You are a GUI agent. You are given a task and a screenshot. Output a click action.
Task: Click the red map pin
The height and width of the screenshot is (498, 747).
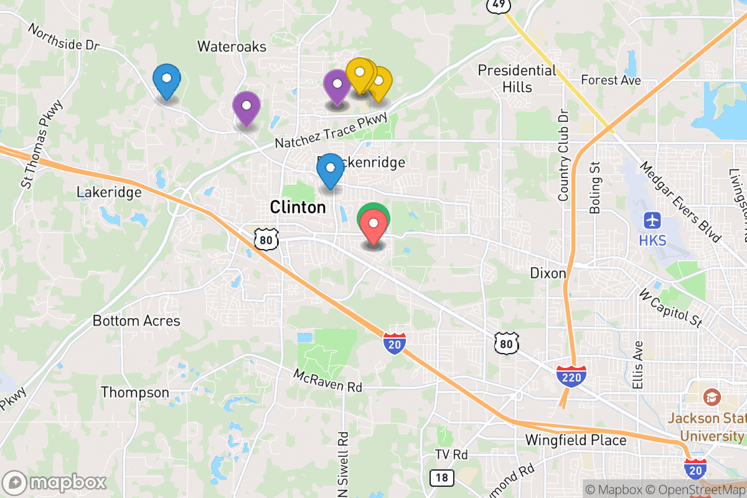(x=374, y=228)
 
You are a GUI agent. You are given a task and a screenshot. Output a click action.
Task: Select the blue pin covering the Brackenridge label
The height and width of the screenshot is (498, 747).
(x=330, y=171)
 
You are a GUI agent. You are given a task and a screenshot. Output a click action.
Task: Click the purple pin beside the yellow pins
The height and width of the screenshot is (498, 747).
(x=337, y=86)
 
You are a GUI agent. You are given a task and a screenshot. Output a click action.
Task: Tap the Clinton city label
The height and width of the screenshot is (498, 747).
(x=298, y=207)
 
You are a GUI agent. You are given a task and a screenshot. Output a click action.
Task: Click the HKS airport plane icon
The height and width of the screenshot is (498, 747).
(x=653, y=220)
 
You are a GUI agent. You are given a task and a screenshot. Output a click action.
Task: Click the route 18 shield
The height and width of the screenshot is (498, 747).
(x=441, y=477)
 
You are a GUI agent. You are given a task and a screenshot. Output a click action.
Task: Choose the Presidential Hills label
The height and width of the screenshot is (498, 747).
(x=517, y=78)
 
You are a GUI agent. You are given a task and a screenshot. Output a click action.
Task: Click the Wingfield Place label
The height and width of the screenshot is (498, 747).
(x=576, y=440)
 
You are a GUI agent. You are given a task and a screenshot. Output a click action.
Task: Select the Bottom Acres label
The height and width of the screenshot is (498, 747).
(x=136, y=321)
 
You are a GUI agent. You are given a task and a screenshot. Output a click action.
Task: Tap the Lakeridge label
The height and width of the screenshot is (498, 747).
(x=109, y=192)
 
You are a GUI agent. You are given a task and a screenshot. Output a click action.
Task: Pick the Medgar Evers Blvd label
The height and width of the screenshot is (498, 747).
(x=680, y=202)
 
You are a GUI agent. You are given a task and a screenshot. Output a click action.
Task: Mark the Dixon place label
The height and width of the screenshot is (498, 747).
(x=548, y=273)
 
